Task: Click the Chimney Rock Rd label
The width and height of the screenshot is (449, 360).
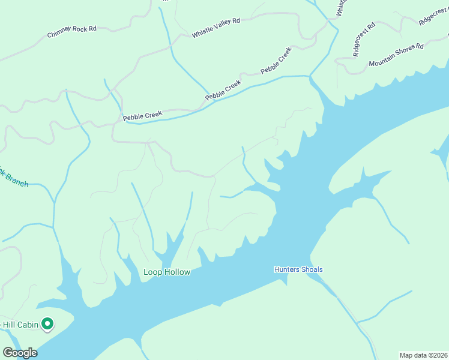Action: coord(71,32)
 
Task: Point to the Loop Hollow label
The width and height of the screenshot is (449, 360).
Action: coord(166,272)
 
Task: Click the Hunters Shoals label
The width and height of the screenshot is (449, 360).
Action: coord(298,269)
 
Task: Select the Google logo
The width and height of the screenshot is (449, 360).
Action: coord(20,352)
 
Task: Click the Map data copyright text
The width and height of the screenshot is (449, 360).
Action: coord(424,355)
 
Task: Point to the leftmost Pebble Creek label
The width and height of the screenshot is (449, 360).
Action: coord(143,115)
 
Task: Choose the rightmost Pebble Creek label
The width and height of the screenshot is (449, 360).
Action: coord(276,61)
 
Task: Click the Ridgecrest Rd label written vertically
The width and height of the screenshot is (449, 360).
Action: coord(364,39)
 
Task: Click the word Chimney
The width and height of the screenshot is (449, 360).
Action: coord(60,34)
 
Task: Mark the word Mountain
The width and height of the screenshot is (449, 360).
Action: coord(384,58)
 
